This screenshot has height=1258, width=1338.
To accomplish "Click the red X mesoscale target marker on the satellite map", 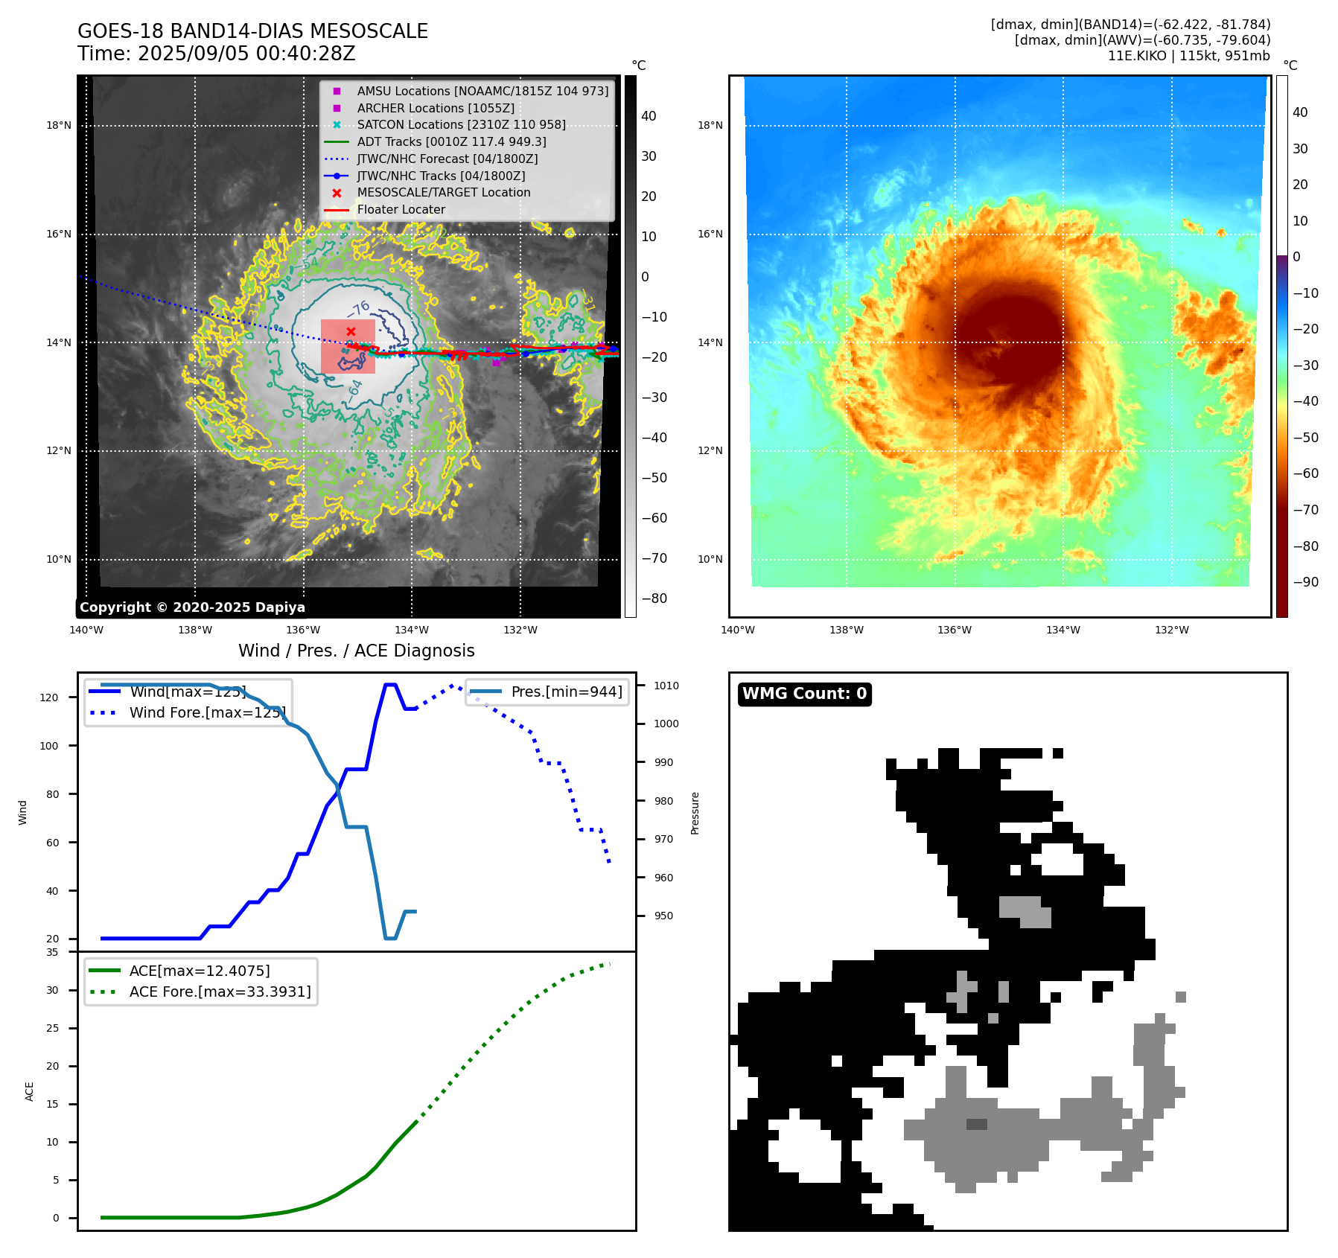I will (x=351, y=331).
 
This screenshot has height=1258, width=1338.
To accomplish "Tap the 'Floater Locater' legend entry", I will (x=401, y=209).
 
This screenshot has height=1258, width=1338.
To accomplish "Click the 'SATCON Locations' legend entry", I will (x=461, y=124).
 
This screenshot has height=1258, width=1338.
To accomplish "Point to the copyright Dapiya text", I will (x=192, y=607).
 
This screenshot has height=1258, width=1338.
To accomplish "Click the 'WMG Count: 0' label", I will (x=804, y=694).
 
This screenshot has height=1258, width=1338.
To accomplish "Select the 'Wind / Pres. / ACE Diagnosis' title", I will (x=356, y=651).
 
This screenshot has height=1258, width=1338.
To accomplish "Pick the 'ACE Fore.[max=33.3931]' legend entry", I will (x=220, y=992).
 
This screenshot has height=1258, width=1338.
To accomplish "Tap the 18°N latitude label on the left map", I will (x=59, y=125).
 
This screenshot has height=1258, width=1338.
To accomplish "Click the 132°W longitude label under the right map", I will (x=1171, y=630).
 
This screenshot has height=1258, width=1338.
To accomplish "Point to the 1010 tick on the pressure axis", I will (x=666, y=686).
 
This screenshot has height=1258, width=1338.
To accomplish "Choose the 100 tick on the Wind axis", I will (x=49, y=746).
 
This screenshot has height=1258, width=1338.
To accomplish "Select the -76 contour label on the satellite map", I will (x=359, y=309).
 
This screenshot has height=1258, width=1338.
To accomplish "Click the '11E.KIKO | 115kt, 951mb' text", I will (x=1188, y=56).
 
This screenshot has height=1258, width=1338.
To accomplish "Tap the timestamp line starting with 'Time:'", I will (x=216, y=54).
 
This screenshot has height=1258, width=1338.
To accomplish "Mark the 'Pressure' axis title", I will (x=695, y=813).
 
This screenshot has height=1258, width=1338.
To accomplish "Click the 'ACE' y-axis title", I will (x=30, y=1091).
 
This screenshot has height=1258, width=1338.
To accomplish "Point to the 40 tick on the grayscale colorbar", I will (x=649, y=116).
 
